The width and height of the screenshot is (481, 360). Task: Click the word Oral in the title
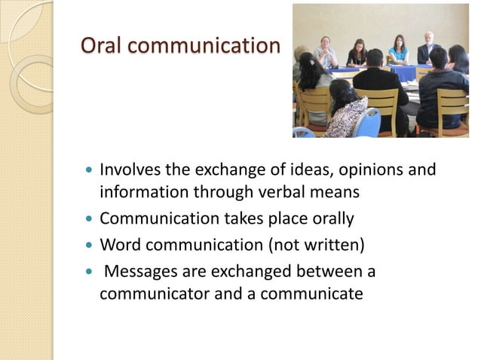102,46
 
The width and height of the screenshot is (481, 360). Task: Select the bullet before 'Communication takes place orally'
90,219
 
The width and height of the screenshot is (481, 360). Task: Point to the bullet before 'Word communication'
90,244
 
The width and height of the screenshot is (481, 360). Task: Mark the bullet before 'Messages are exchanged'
90,270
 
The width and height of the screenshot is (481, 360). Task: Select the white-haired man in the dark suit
428,48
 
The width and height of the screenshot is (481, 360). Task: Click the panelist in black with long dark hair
357,53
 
